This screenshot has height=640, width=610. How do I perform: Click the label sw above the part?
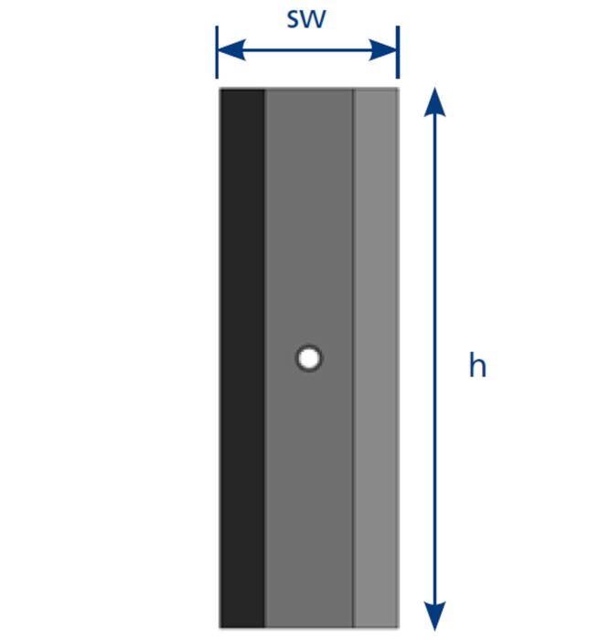click(x=306, y=19)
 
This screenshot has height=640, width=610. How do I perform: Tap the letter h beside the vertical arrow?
click(x=477, y=365)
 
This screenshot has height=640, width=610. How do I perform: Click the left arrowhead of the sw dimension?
click(x=231, y=50)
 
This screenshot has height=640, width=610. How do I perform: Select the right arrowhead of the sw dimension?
click(x=383, y=50)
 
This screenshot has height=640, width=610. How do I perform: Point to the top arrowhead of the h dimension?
click(x=434, y=102)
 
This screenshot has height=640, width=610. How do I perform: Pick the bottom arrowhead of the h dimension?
click(x=434, y=615)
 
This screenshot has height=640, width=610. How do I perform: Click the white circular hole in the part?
click(x=309, y=358)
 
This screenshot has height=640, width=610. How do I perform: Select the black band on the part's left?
click(x=242, y=358)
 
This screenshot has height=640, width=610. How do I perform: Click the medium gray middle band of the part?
click(x=309, y=358)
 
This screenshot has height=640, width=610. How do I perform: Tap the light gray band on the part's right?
click(x=376, y=358)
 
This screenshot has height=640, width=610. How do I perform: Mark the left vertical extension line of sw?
click(x=217, y=52)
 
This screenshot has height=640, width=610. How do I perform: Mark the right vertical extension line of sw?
click(x=398, y=52)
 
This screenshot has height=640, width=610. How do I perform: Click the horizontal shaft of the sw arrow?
click(x=307, y=50)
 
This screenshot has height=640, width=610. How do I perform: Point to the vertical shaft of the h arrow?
click(x=434, y=358)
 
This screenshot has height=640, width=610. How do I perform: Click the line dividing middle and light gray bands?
click(x=354, y=358)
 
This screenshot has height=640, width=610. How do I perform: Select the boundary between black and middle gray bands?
click(x=264, y=358)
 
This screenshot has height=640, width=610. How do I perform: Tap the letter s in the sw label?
click(x=294, y=20)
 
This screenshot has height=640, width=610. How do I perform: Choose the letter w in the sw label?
click(x=314, y=20)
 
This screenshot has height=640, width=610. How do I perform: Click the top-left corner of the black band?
click(x=220, y=90)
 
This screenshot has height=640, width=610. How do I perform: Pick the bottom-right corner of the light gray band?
click(x=399, y=627)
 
